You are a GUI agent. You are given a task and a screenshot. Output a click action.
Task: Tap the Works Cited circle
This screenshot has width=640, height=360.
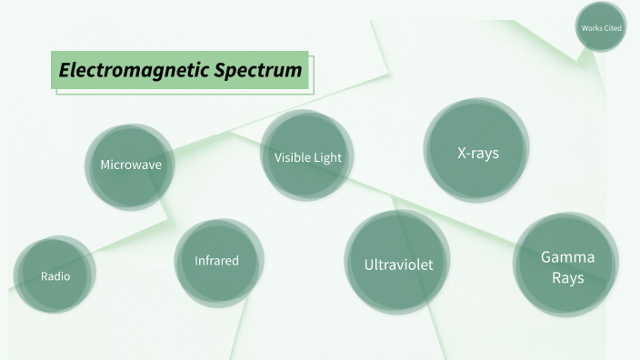tap(601, 28)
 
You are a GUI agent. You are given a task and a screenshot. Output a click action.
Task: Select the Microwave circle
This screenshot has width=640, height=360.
tap(131, 166)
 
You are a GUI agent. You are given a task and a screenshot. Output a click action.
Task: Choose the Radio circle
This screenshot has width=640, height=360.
tap(55, 275)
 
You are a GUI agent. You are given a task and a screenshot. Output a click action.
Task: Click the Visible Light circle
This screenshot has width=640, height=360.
tap(307, 156)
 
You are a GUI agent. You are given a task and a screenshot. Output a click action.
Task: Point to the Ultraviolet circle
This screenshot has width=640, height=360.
tap(398, 264)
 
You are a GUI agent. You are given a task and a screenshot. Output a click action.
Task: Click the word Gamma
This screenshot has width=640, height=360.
tap(568, 256)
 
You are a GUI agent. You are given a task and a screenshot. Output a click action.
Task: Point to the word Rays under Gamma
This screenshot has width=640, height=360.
tap(568, 277)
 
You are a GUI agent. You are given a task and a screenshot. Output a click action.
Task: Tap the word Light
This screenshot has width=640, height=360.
tap(327, 157)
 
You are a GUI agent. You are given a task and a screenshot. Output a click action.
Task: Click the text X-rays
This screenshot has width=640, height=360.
tap(477, 153)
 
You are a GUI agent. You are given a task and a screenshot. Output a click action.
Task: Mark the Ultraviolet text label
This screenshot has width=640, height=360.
tap(398, 265)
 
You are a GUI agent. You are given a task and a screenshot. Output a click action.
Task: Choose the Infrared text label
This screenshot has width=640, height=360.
tap(217, 261)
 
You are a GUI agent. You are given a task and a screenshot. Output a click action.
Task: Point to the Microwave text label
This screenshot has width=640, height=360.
tap(131, 165)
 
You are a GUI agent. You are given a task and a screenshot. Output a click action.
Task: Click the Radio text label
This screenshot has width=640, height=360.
tap(55, 275)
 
